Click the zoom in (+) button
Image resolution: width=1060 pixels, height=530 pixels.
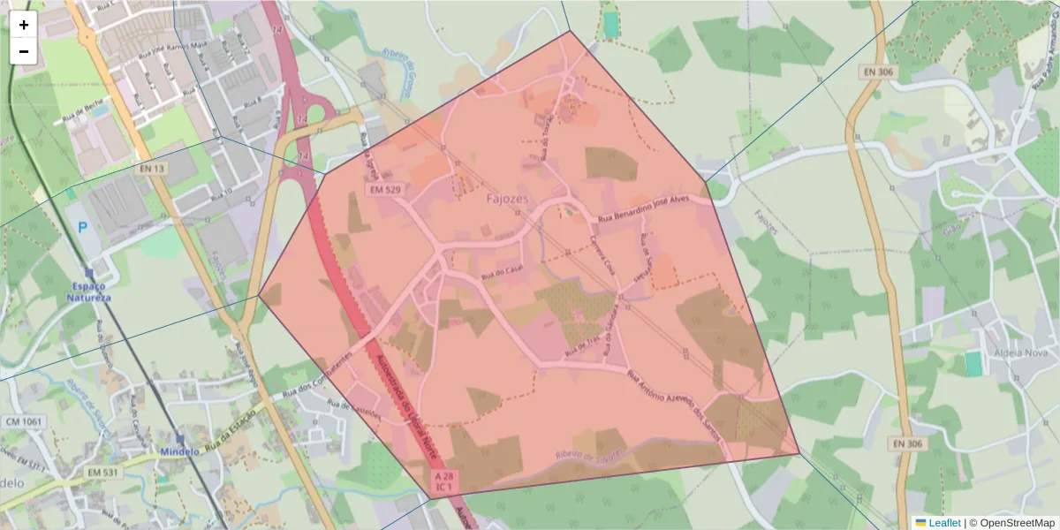pos(24,25)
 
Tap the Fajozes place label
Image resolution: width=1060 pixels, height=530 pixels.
pos(507,199)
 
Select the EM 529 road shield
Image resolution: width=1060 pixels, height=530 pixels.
pos(387,190)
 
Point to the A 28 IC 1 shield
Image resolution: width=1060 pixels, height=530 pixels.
pos(444,481)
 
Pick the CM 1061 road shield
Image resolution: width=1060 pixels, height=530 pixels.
pos(23,422)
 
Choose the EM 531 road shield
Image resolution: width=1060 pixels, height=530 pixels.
pos(103,473)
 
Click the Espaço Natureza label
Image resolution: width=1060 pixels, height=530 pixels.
pos(88,292)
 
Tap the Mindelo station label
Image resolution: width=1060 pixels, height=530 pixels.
pos(180,451)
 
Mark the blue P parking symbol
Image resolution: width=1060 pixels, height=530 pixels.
pos(83,227)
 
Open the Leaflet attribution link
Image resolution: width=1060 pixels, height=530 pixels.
pos(944,523)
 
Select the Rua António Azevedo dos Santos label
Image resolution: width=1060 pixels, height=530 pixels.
pos(675,406)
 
